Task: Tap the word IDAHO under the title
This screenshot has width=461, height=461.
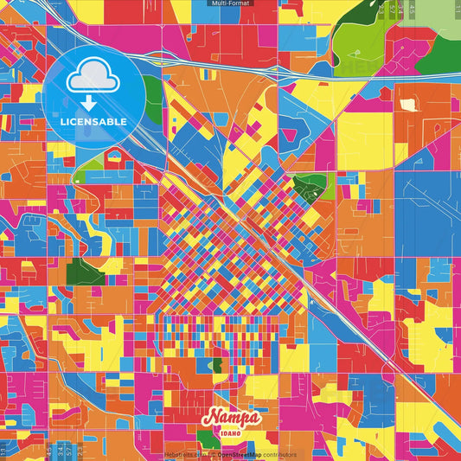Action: pyautogui.click(x=231, y=432)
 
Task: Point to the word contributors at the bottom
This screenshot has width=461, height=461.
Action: pyautogui.click(x=279, y=455)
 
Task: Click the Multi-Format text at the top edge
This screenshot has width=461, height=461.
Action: pyautogui.click(x=230, y=3)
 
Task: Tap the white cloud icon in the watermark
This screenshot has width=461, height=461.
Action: pyautogui.click(x=93, y=80)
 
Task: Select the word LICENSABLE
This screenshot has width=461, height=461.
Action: pyautogui.click(x=93, y=122)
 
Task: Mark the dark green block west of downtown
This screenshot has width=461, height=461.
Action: pyautogui.click(x=85, y=270)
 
